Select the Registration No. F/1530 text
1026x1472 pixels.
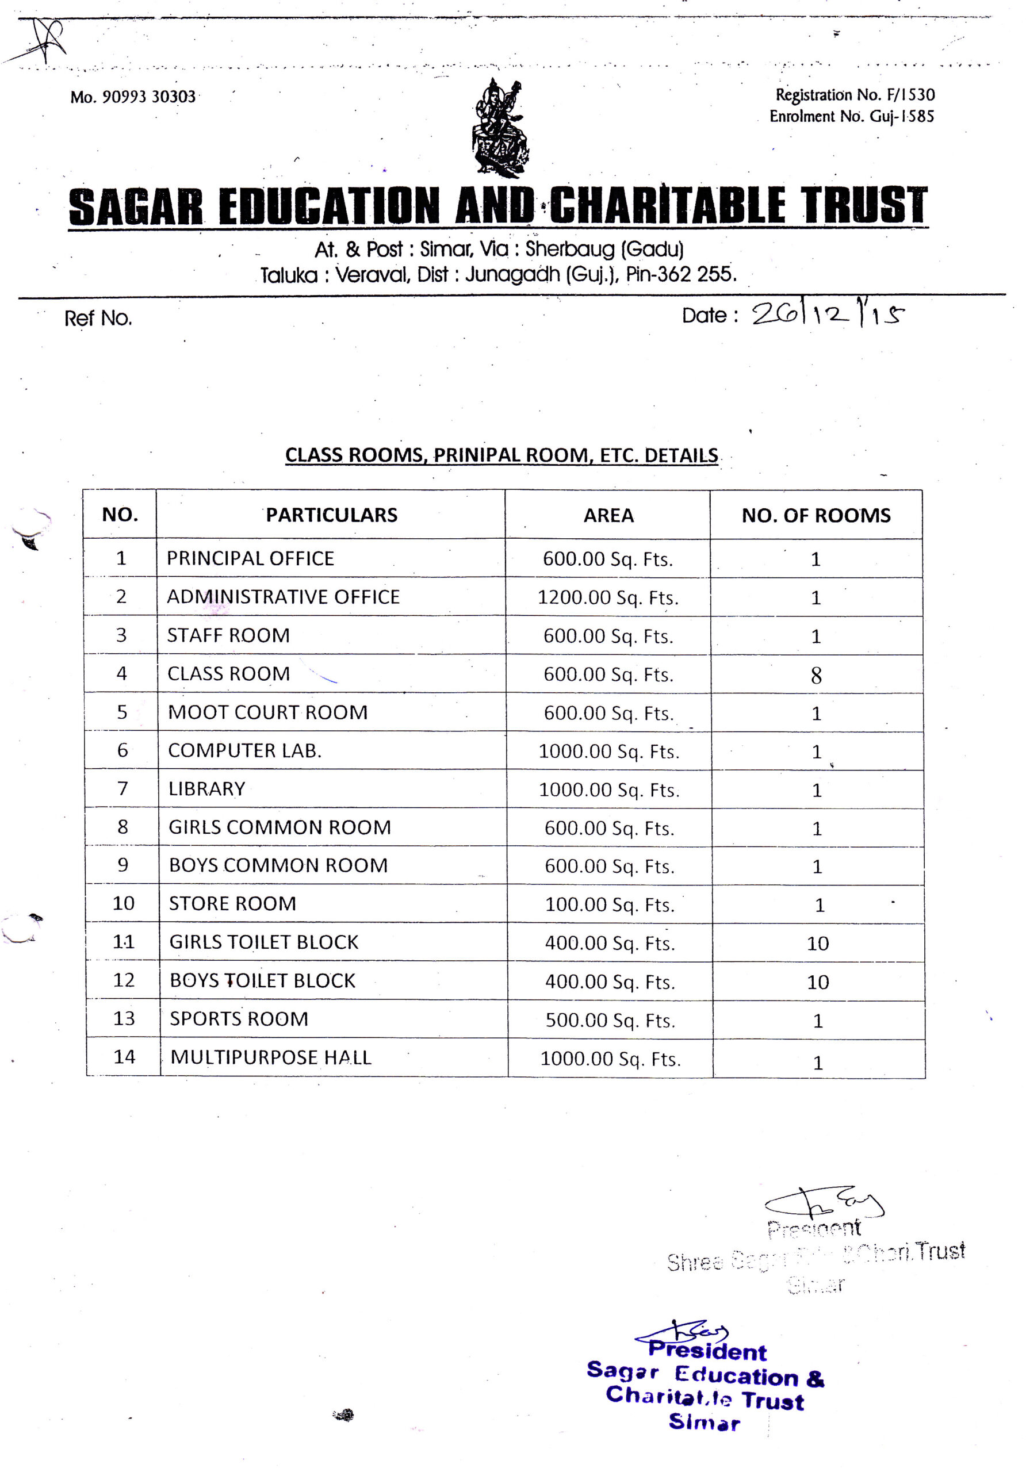click(854, 95)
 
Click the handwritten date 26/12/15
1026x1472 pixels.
click(826, 314)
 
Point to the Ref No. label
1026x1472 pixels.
click(98, 318)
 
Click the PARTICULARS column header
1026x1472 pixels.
click(331, 515)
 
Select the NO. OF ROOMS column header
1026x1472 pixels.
click(816, 515)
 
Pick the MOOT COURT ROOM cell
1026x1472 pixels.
click(267, 712)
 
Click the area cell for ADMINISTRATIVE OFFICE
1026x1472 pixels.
click(607, 597)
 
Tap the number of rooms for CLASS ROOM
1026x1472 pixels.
click(816, 675)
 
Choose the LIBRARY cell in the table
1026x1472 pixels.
click(206, 788)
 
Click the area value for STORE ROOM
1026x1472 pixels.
click(609, 904)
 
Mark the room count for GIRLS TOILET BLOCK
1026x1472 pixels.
click(818, 943)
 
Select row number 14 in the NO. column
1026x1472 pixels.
click(124, 1056)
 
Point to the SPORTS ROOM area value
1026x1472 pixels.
click(610, 1020)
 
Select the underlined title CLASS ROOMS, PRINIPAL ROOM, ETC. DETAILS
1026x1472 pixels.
click(501, 455)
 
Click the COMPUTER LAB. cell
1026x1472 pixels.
click(244, 750)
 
